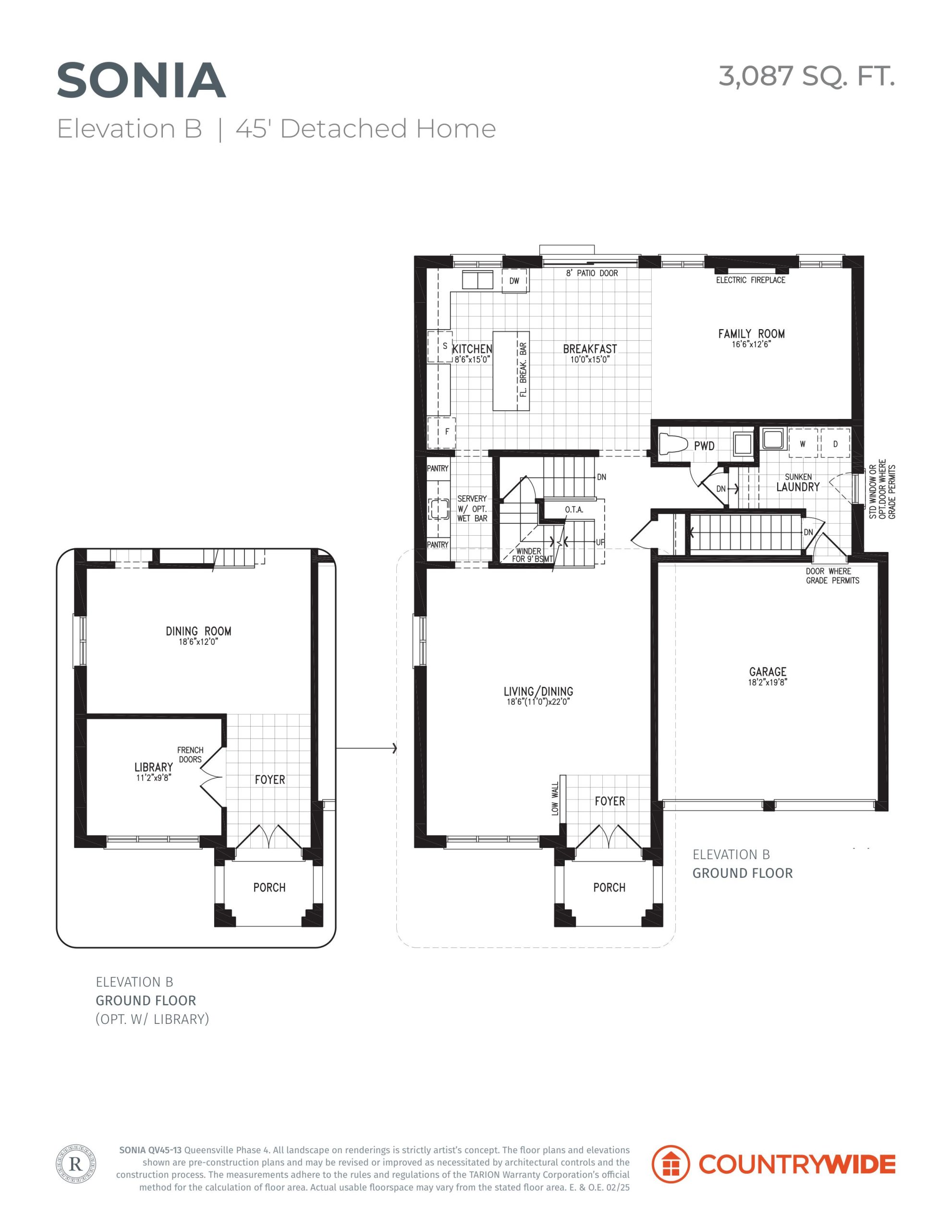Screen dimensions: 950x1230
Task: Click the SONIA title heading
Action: pyautogui.click(x=141, y=81)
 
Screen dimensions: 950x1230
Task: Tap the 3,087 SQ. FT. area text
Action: pyautogui.click(x=806, y=76)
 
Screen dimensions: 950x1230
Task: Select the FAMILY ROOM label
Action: pyautogui.click(x=751, y=333)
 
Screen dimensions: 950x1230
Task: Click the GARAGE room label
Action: pyautogui.click(x=767, y=671)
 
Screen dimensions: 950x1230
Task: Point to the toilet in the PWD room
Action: pyautogui.click(x=673, y=444)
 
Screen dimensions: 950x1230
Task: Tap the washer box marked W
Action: pyautogui.click(x=803, y=444)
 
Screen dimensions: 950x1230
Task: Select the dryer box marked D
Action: pyautogui.click(x=835, y=444)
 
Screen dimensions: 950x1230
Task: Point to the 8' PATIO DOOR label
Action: pyautogui.click(x=592, y=273)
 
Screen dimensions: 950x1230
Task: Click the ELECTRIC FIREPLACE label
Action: pyautogui.click(x=751, y=280)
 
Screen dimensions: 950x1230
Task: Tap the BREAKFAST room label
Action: pyautogui.click(x=590, y=349)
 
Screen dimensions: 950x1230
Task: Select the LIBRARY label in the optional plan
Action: pyautogui.click(x=154, y=767)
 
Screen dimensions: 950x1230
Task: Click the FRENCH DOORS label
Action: pyautogui.click(x=190, y=755)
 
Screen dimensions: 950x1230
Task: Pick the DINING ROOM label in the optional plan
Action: pyautogui.click(x=198, y=631)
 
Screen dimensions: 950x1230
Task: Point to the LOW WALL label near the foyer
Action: pyautogui.click(x=555, y=799)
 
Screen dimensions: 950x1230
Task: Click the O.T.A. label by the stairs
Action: pyautogui.click(x=574, y=510)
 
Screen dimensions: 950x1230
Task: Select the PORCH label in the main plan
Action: pyautogui.click(x=609, y=887)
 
